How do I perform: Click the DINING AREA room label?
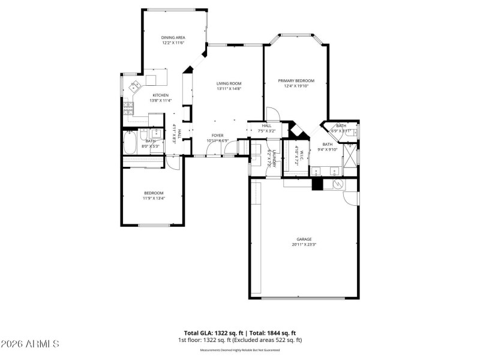coord(173,37)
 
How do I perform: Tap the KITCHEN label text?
coord(160,95)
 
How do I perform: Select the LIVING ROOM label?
coord(229,83)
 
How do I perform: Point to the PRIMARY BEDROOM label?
coord(296,80)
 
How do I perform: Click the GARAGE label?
coord(304,239)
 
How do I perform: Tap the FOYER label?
coord(217,136)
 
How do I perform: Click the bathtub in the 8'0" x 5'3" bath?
coord(129,144)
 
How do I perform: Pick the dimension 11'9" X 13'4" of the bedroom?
coord(154,198)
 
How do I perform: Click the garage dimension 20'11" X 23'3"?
coord(304,244)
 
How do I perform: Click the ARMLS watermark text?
coord(30,344)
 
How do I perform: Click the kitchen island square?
coord(151,80)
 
